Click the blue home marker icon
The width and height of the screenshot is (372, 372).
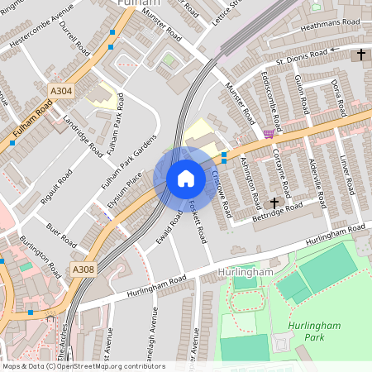[185, 179]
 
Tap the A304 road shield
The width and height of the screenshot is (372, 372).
[60, 91]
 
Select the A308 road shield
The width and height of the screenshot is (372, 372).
[83, 269]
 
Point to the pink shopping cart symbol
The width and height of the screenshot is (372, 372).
[269, 133]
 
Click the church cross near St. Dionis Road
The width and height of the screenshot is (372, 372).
[360, 55]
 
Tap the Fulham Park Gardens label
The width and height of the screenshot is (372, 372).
[128, 160]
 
